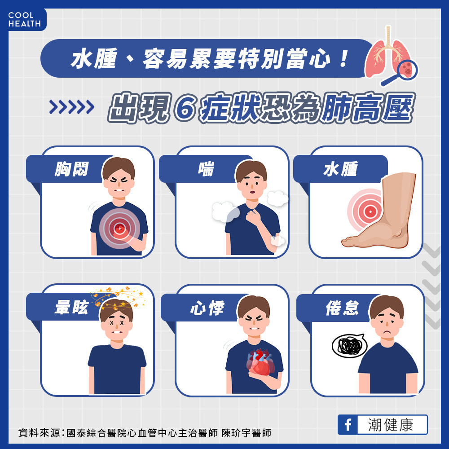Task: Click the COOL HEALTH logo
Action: click(x=24, y=19)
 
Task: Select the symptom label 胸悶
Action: click(x=71, y=169)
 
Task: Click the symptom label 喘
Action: click(x=206, y=169)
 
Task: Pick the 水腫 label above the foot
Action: click(x=340, y=169)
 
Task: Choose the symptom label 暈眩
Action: click(x=71, y=308)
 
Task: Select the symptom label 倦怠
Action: click(x=342, y=308)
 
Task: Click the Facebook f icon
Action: click(x=348, y=425)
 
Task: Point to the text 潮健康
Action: click(x=391, y=425)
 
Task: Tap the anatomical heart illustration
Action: click(x=260, y=362)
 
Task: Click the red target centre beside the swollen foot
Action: click(x=370, y=211)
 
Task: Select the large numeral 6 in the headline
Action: click(x=185, y=108)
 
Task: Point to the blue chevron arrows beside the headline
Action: click(x=71, y=107)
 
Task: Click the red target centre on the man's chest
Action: click(x=119, y=228)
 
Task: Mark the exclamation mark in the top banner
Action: click(x=343, y=59)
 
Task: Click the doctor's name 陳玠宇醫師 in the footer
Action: click(x=246, y=433)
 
